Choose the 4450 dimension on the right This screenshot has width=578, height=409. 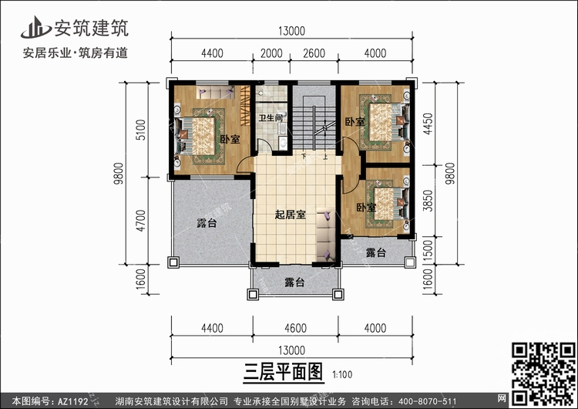tap(440, 124)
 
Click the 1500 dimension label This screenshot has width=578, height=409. tap(440, 251)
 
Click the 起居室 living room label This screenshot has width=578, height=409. tap(290, 215)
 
